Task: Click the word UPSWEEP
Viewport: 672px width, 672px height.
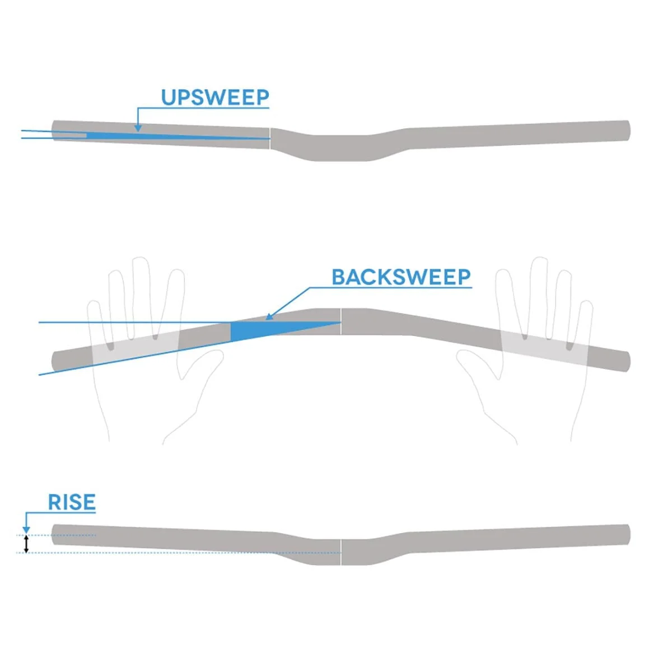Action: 215,97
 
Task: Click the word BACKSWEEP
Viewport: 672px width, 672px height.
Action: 401,277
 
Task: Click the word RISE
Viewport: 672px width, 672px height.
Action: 72,502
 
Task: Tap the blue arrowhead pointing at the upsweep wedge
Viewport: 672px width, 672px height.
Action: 138,128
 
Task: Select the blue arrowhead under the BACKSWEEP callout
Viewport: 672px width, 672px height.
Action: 269,316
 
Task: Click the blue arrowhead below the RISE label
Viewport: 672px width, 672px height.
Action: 26,531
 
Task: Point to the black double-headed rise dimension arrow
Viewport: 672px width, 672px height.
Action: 26,544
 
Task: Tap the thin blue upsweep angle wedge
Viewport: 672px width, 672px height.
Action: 178,136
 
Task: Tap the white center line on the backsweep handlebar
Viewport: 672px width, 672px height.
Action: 340,321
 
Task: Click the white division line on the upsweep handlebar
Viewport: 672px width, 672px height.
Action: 270,138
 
